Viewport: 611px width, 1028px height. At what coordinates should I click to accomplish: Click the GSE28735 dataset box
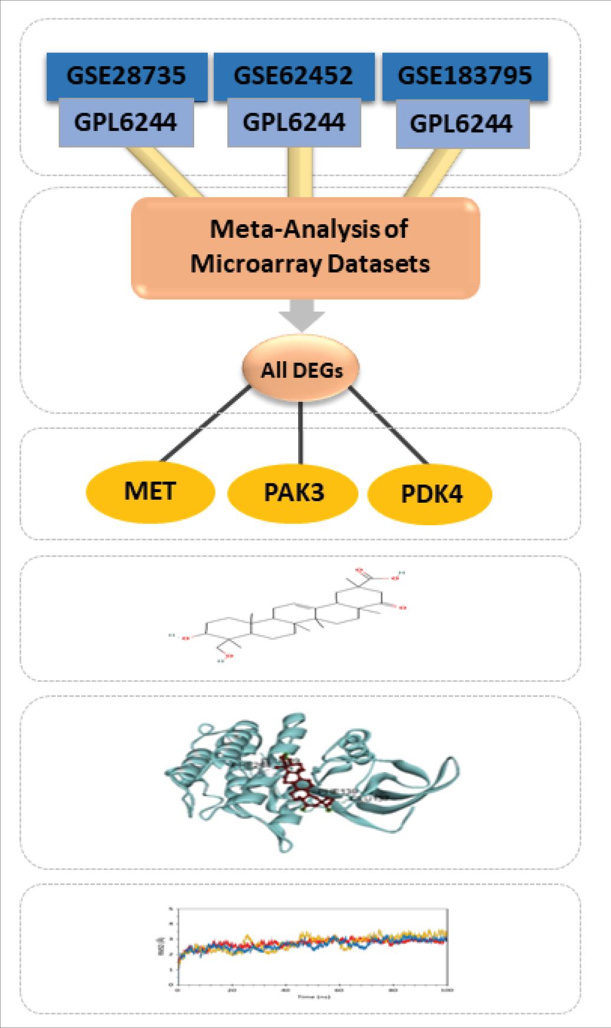pos(126,75)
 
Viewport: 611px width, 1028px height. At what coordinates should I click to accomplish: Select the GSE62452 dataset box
pos(293,75)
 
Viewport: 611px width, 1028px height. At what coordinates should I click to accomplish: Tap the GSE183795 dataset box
pos(465,75)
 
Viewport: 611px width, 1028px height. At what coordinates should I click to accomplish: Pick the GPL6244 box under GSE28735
pos(126,122)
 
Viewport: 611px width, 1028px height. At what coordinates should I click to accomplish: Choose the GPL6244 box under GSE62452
pos(293,122)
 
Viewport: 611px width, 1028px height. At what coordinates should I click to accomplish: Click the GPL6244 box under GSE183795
pos(461,124)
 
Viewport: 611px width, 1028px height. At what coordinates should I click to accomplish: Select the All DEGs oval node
pos(301,371)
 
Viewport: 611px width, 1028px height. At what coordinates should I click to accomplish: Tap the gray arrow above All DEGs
pos(302,315)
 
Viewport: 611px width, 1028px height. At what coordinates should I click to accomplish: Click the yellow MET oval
pos(151,490)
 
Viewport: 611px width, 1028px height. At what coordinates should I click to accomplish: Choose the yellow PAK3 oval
pos(293,492)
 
